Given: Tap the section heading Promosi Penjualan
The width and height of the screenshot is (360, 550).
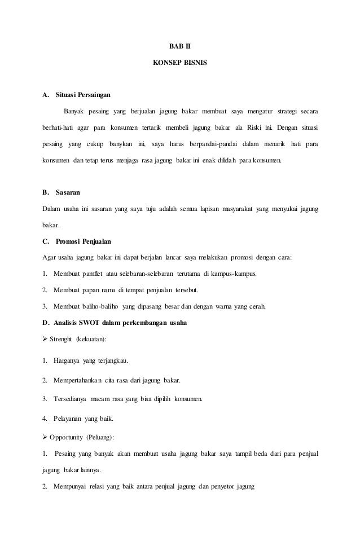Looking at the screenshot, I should pos(84,241).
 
